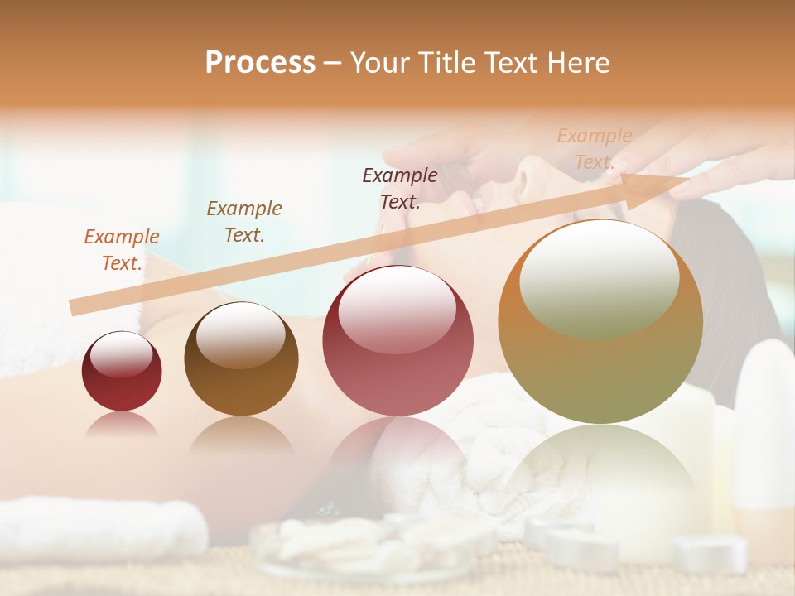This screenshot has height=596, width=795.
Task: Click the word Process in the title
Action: coord(260,63)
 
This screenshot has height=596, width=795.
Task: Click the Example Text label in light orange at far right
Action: coord(594,149)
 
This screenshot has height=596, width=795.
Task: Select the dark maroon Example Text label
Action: coord(400,188)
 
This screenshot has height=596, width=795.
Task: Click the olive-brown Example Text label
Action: coord(244,221)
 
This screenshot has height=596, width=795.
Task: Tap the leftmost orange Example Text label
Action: coord(122,249)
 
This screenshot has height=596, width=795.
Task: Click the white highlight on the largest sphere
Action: coord(599,277)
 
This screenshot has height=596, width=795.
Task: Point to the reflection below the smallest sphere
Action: coord(122,424)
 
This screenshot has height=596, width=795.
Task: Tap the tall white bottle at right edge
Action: coord(766,430)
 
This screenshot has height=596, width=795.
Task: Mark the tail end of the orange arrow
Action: coord(75,307)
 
